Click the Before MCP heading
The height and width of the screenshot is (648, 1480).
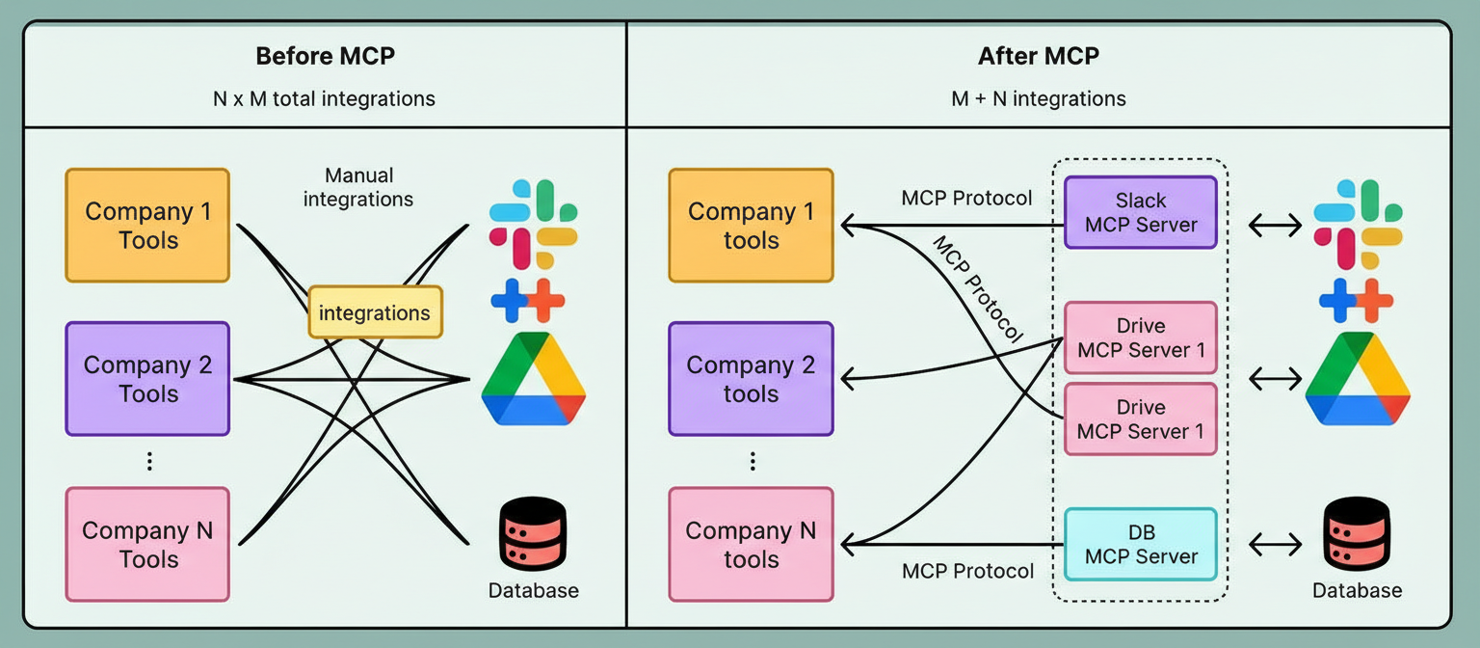click(x=325, y=56)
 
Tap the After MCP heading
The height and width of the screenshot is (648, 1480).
click(x=1038, y=56)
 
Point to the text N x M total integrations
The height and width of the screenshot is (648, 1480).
click(x=325, y=98)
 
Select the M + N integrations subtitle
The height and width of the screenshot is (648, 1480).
click(x=1038, y=98)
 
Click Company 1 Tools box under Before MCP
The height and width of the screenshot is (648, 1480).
click(x=147, y=226)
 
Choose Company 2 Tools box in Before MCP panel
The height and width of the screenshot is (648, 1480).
click(x=147, y=379)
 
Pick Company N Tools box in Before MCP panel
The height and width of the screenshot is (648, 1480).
click(x=147, y=544)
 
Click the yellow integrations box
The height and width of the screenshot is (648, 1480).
click(x=375, y=312)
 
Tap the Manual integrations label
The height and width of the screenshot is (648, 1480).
click(x=358, y=187)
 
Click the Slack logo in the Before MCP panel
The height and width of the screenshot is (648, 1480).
click(x=533, y=224)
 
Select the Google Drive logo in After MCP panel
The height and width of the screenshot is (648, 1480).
click(x=1358, y=378)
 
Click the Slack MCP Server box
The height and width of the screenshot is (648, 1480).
click(x=1141, y=212)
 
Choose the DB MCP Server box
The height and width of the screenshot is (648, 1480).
click(x=1141, y=544)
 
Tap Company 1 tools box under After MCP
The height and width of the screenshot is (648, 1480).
click(x=751, y=226)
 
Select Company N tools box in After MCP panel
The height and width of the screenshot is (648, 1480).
click(x=751, y=544)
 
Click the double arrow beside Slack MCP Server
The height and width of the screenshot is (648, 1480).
click(x=1274, y=226)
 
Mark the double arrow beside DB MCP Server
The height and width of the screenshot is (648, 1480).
click(x=1274, y=545)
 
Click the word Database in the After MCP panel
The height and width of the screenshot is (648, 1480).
click(x=1357, y=590)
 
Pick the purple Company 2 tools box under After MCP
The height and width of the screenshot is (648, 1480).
click(x=751, y=379)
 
